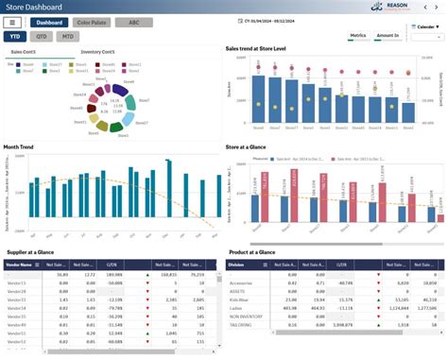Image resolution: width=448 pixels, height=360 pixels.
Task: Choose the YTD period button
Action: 15,36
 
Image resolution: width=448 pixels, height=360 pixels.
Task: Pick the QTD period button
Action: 42,36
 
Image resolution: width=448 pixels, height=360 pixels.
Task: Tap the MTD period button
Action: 68,36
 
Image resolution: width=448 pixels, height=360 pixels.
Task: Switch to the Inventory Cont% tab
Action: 98,52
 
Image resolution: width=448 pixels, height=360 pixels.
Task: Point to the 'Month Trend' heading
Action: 19,146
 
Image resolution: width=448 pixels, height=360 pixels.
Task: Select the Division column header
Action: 240,266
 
